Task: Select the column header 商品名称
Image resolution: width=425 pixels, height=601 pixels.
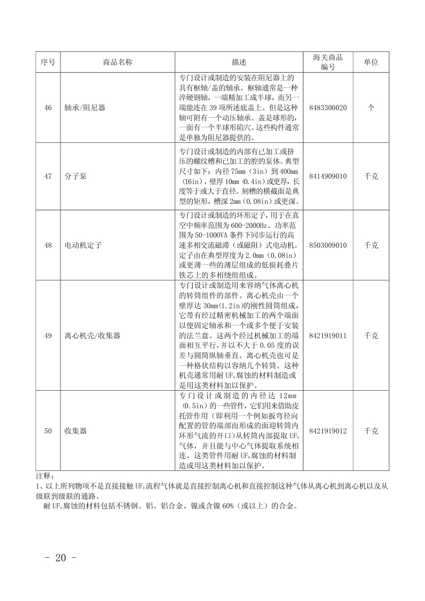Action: (x=117, y=62)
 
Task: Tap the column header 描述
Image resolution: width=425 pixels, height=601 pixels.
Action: (x=239, y=62)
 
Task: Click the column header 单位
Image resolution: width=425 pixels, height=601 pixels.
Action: (x=371, y=62)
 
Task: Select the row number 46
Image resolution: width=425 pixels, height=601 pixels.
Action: (x=48, y=108)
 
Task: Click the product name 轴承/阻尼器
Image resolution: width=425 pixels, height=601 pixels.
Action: (x=85, y=108)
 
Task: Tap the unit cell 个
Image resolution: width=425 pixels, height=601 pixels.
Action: (x=371, y=108)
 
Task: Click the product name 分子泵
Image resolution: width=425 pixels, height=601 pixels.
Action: (x=75, y=176)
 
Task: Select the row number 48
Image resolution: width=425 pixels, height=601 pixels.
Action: (x=48, y=245)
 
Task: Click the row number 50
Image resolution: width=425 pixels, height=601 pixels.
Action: (x=48, y=430)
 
